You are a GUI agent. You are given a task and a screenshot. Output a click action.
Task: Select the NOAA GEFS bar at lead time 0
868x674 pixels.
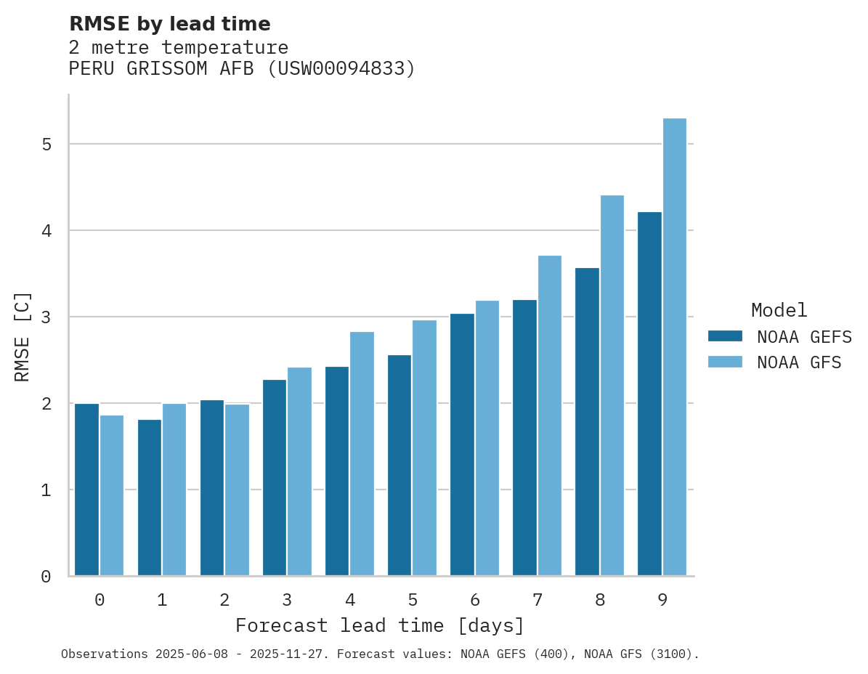pos(86,490)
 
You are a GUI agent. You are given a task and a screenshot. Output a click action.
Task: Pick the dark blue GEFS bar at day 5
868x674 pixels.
pos(399,465)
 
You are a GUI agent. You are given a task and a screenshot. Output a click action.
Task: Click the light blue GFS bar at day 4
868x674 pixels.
pos(362,453)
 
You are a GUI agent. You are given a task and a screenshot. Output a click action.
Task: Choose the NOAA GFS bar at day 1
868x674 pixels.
pos(174,490)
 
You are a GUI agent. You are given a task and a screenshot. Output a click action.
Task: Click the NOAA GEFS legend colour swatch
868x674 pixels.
pos(725,336)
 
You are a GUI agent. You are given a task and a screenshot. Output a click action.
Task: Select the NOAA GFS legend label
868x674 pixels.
pos(799,362)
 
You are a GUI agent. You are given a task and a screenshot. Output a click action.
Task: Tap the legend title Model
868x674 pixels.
pos(779,311)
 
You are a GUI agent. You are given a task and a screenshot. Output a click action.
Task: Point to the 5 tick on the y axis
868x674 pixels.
pos(46,145)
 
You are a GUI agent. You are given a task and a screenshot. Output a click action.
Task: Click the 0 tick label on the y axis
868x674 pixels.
pos(46,577)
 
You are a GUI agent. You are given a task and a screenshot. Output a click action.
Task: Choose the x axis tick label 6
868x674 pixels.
pos(475,600)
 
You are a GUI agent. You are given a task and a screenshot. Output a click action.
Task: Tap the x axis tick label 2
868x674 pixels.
pos(224,600)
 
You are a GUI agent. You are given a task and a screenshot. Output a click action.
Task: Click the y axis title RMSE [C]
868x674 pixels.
pos(23,336)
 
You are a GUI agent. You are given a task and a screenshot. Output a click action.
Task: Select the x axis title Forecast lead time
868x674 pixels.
pos(379,626)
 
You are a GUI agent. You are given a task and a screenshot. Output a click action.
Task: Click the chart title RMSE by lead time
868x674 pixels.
pos(169,24)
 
